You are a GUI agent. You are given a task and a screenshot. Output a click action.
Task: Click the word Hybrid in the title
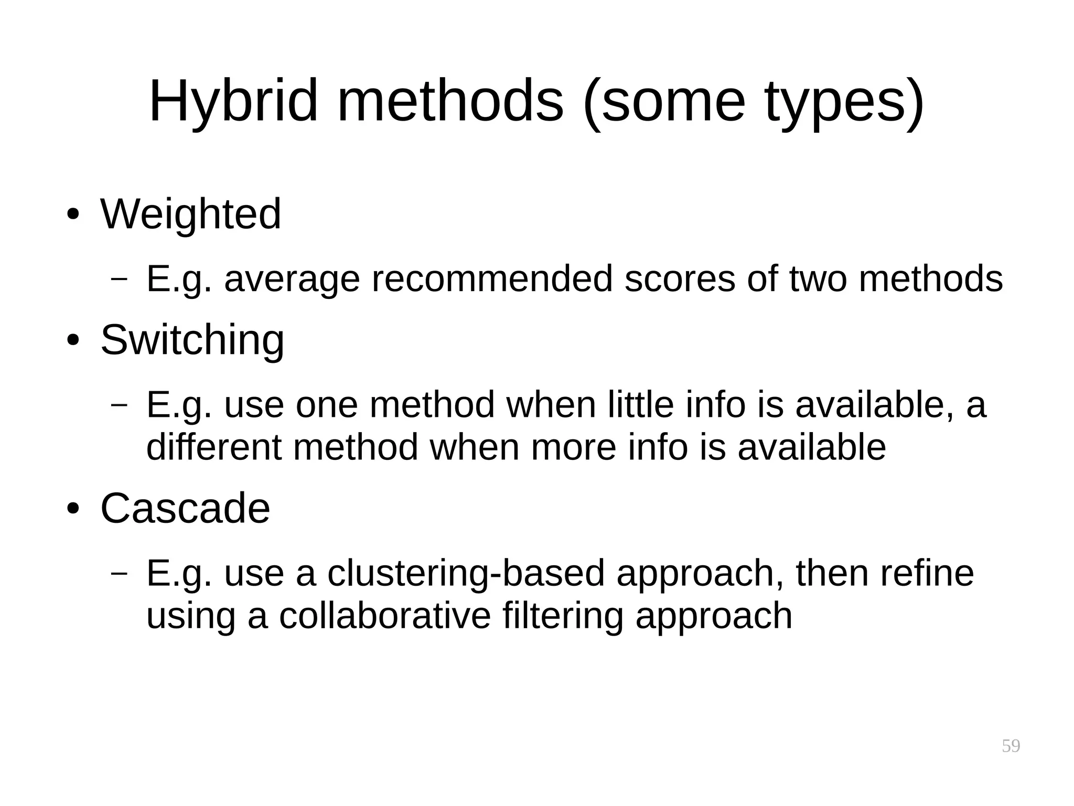tap(233, 101)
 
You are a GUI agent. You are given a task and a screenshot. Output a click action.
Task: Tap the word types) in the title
tap(844, 101)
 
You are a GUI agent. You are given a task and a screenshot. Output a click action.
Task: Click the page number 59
tap(1011, 746)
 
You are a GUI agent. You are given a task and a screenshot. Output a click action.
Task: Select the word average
tap(292, 279)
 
